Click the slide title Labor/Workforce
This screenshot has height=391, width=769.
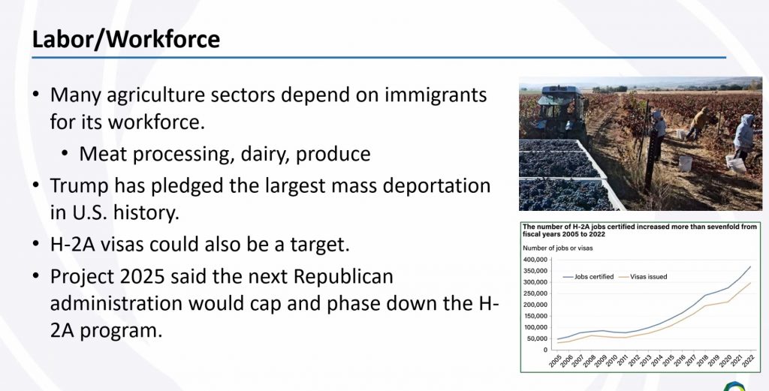tap(125, 39)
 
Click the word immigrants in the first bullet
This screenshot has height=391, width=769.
tap(436, 94)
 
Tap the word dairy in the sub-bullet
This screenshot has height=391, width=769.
tap(265, 154)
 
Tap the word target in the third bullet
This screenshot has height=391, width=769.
tap(318, 244)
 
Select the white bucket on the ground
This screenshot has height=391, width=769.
tap(685, 163)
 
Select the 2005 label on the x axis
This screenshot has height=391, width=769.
tap(556, 361)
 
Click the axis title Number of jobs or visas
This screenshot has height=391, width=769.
tap(558, 248)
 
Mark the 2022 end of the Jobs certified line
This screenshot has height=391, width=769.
tap(750, 266)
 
